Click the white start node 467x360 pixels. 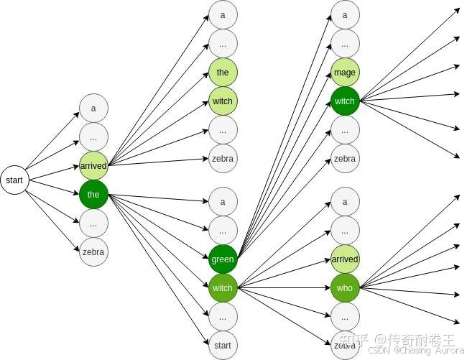click(14, 180)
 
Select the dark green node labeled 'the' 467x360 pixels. click(93, 194)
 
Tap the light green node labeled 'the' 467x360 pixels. click(223, 73)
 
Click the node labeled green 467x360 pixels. click(223, 259)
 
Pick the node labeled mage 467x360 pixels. click(345, 73)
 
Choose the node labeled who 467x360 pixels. click(345, 288)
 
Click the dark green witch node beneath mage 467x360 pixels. click(345, 101)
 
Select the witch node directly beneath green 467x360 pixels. click(223, 288)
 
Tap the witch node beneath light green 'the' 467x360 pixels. click(223, 101)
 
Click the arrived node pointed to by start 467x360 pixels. click(93, 165)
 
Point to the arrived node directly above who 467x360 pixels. click(345, 259)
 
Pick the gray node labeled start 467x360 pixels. click(223, 345)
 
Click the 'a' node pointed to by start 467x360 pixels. click(93, 109)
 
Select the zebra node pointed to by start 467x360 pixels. click(93, 251)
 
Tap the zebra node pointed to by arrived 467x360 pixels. click(223, 159)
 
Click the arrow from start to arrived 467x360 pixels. click(54, 172)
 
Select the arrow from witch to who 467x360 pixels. click(284, 288)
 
